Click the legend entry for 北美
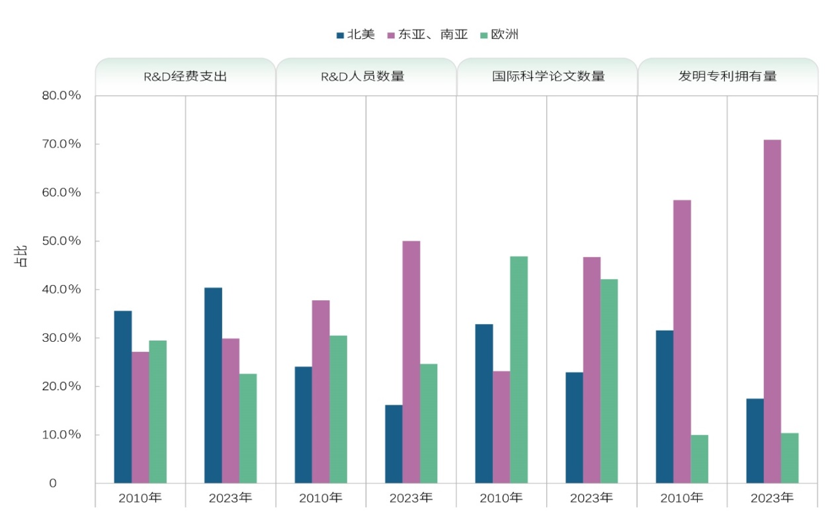click(356, 34)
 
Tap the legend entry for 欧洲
click(499, 34)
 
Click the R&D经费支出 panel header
click(185, 76)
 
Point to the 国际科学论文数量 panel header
click(548, 76)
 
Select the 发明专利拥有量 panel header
click(728, 76)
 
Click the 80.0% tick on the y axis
click(61, 95)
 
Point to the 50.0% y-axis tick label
click(61, 241)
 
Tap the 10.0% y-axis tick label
click(61, 434)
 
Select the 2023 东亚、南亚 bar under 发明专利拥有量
click(772, 311)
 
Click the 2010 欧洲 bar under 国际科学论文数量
click(519, 370)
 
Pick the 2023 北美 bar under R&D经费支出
click(213, 385)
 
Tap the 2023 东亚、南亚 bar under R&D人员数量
click(411, 362)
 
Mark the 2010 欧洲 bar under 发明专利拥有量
click(699, 459)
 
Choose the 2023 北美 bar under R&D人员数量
click(394, 444)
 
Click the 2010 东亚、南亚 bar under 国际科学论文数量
click(501, 427)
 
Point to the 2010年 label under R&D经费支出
click(140, 497)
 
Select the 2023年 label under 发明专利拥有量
click(772, 497)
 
